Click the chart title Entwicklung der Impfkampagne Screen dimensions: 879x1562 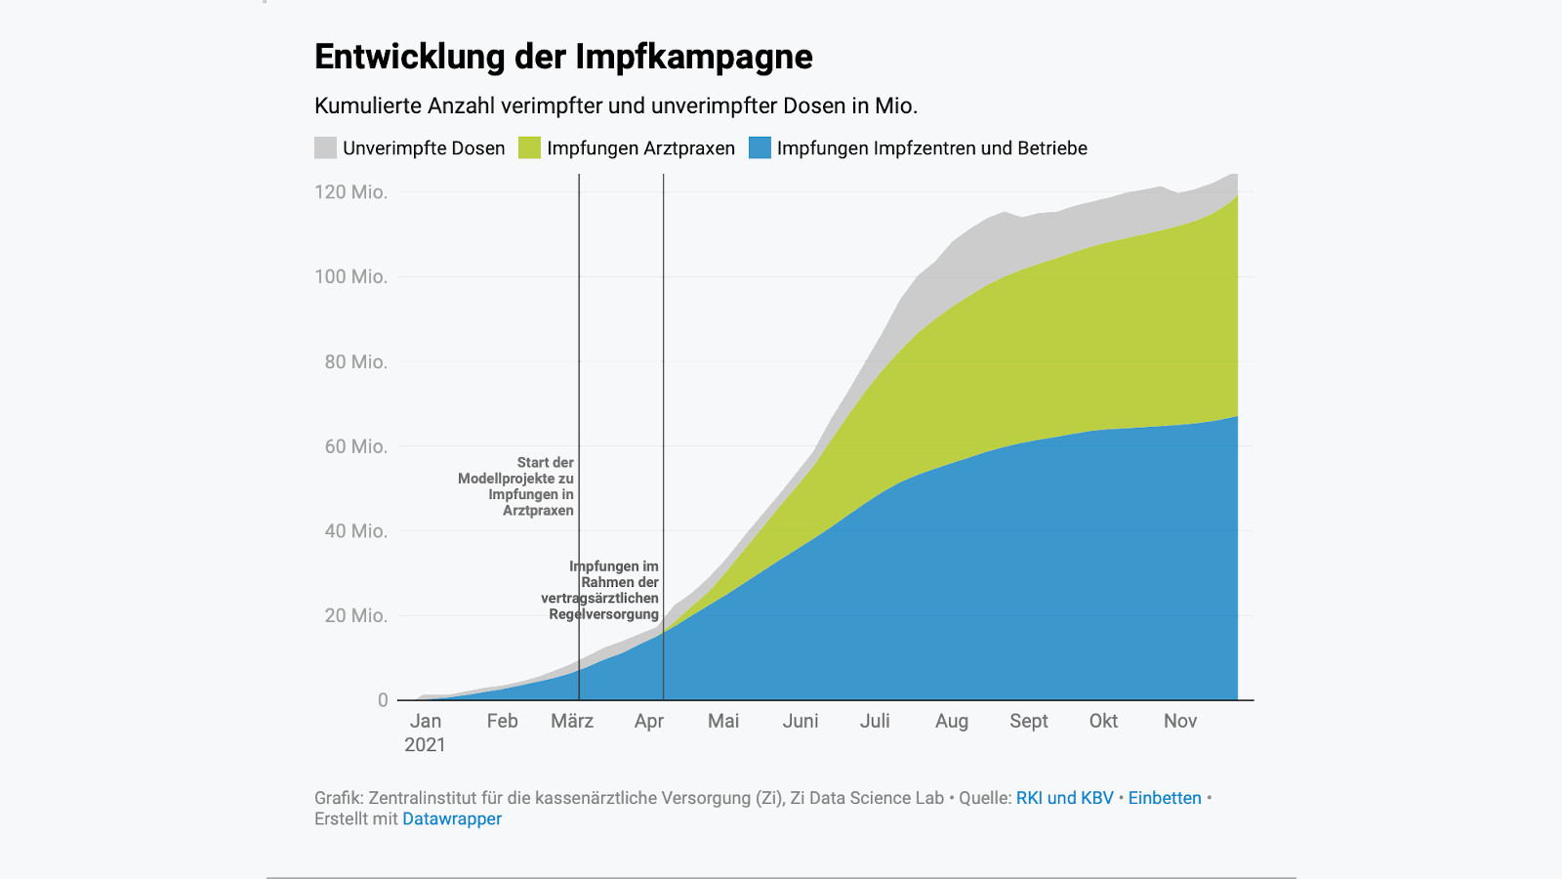click(x=563, y=57)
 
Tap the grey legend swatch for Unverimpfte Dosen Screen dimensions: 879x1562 click(x=325, y=147)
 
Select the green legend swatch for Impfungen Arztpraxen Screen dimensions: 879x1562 click(x=529, y=147)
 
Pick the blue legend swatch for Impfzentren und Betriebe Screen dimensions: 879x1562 click(x=760, y=147)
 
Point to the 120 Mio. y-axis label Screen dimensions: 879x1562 click(x=350, y=192)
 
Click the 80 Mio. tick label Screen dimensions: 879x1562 click(x=355, y=362)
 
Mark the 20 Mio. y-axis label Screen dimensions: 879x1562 click(x=355, y=616)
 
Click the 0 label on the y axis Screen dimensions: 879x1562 click(x=383, y=700)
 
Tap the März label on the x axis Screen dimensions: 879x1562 click(x=572, y=721)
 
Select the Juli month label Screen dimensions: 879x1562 click(x=875, y=721)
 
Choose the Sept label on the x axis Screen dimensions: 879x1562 click(x=1028, y=721)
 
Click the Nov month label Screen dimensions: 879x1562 click(x=1179, y=721)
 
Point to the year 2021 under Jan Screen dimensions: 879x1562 click(x=425, y=745)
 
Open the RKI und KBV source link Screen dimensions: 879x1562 click(x=1064, y=798)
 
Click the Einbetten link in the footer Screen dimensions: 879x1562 click(x=1165, y=798)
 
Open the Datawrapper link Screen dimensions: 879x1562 click(x=452, y=819)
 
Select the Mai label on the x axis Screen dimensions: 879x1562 click(x=723, y=721)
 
